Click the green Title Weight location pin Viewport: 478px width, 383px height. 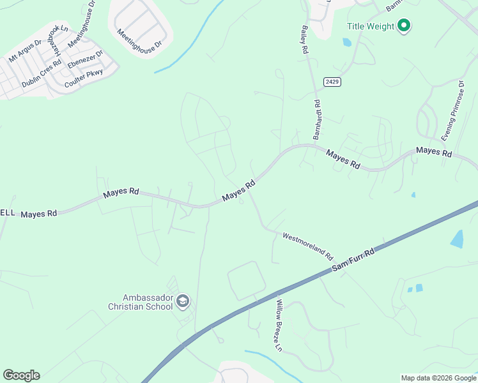coord(403,26)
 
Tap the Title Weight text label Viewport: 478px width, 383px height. coord(371,26)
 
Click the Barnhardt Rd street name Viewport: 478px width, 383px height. coord(317,120)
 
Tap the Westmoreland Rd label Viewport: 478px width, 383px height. coord(308,246)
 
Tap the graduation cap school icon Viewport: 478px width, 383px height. coord(183,301)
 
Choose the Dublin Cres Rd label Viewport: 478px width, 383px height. coord(41,73)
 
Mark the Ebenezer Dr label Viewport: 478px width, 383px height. coord(85,61)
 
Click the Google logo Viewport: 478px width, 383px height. coord(21,375)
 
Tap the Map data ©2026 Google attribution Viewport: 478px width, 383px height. coord(439,378)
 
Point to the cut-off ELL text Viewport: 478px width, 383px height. coord(7,213)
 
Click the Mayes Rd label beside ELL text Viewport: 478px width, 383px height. coord(39,214)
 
